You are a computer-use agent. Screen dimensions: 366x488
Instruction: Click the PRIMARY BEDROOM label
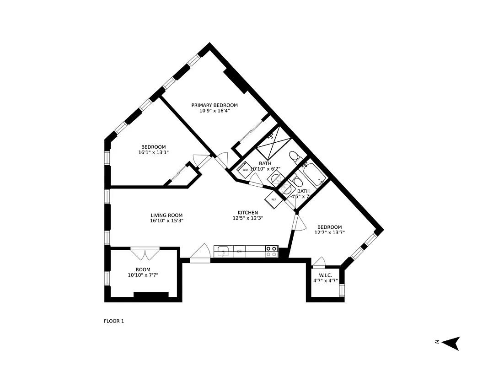pyautogui.click(x=214, y=105)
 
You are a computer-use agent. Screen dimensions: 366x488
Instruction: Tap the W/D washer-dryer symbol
pyautogui.click(x=245, y=170)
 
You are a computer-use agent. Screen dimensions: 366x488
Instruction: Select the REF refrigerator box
pyautogui.click(x=273, y=199)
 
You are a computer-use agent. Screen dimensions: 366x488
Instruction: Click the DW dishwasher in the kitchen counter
pyautogui.click(x=239, y=251)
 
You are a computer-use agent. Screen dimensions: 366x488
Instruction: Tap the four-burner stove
pyautogui.click(x=271, y=251)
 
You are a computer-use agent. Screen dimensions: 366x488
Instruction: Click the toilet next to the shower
pyautogui.click(x=295, y=157)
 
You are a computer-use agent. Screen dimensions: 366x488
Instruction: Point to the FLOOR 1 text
pyautogui.click(x=114, y=321)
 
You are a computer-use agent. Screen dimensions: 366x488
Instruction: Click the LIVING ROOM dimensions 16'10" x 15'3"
pyautogui.click(x=166, y=221)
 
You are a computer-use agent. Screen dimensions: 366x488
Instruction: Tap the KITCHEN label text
pyautogui.click(x=247, y=212)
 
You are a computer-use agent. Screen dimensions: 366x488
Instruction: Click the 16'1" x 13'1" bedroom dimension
pyautogui.click(x=153, y=152)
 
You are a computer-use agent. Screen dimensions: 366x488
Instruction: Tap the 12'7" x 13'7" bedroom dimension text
pyautogui.click(x=329, y=233)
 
